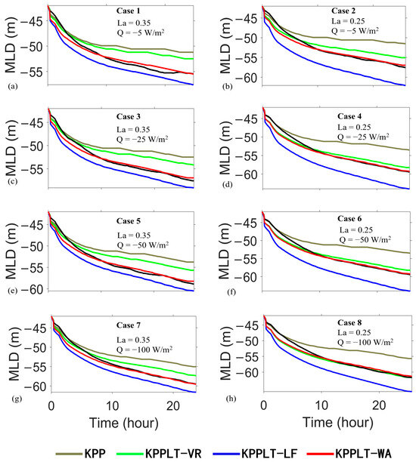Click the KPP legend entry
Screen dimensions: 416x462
pyautogui.click(x=95, y=453)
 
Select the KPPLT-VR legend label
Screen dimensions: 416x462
pyautogui.click(x=173, y=453)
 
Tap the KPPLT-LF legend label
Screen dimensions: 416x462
pyautogui.click(x=269, y=453)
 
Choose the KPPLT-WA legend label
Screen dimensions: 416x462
pyautogui.click(x=364, y=453)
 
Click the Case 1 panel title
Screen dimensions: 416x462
pyautogui.click(x=129, y=11)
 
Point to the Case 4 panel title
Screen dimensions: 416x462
pyautogui.click(x=349, y=116)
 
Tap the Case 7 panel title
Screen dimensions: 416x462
pyautogui.click(x=129, y=325)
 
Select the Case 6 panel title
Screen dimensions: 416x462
pyautogui.click(x=349, y=219)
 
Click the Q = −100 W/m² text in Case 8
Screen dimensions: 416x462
pyautogui.click(x=365, y=343)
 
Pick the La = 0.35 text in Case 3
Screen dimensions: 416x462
pyautogui.click(x=133, y=130)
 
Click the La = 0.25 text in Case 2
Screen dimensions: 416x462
pyautogui.click(x=348, y=21)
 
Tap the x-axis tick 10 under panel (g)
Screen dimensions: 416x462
pyautogui.click(x=112, y=406)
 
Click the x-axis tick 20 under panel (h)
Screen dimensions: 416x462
pyautogui.click(x=379, y=405)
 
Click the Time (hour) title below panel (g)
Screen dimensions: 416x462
pyautogui.click(x=124, y=423)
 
